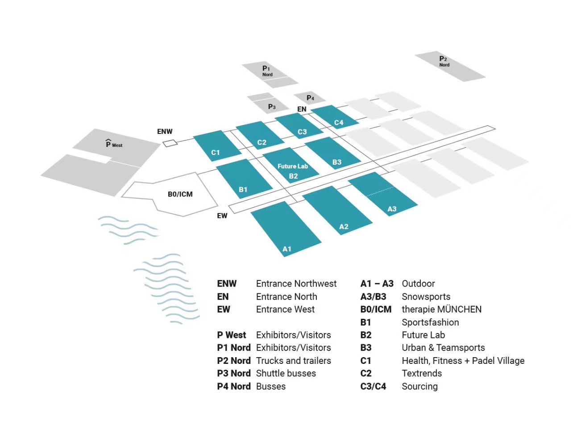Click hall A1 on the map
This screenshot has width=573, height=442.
286,228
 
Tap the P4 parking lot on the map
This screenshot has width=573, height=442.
310,98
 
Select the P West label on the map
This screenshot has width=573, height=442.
114,144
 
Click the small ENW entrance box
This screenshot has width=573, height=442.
170,143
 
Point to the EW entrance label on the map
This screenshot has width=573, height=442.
222,216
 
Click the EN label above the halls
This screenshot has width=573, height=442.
302,109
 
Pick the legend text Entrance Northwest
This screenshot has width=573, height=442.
296,284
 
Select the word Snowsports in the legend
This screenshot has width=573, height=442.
426,296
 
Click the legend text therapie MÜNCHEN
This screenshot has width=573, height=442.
441,309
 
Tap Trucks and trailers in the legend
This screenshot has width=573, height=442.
293,361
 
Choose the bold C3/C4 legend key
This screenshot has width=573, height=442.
373,386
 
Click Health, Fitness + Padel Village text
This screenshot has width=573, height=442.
463,361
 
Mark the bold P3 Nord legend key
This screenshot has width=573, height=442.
233,373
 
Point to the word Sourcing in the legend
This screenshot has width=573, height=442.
419,386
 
